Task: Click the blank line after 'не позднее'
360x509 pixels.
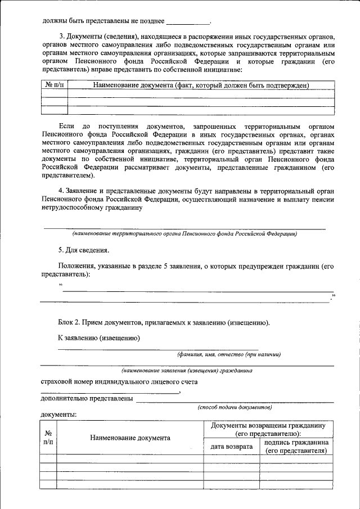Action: tap(187, 22)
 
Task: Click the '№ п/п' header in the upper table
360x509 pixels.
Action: tap(54, 85)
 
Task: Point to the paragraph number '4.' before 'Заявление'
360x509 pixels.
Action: tap(62, 191)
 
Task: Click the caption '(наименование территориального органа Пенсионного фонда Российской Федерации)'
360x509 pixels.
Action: tap(184, 233)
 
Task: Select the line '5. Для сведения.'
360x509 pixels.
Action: tap(84, 250)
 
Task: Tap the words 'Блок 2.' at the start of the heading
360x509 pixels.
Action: tap(69, 322)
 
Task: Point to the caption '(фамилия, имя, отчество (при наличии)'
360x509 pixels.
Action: tap(229, 354)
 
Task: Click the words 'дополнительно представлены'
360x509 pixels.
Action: tap(87, 399)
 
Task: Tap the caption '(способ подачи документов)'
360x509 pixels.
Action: tap(235, 407)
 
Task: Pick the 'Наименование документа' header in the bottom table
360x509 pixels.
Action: tap(130, 438)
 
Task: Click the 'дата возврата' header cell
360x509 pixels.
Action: tap(231, 447)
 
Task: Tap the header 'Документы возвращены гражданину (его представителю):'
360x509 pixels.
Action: tap(268, 429)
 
